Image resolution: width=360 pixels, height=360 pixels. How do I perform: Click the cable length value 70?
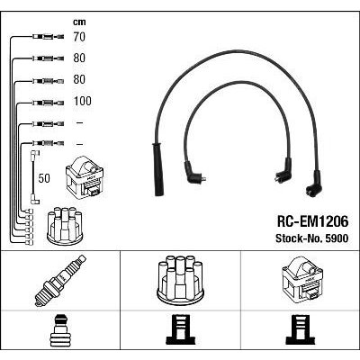[x=79, y=37]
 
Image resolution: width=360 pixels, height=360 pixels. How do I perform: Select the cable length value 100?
[x=83, y=101]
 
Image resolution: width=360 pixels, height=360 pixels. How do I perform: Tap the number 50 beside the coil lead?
[x=44, y=178]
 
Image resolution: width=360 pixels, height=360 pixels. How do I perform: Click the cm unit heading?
[x=79, y=22]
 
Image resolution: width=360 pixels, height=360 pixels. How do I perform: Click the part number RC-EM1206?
[x=312, y=222]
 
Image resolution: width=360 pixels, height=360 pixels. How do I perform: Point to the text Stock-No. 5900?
[x=312, y=238]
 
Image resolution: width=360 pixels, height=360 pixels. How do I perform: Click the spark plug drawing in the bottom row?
[x=60, y=280]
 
